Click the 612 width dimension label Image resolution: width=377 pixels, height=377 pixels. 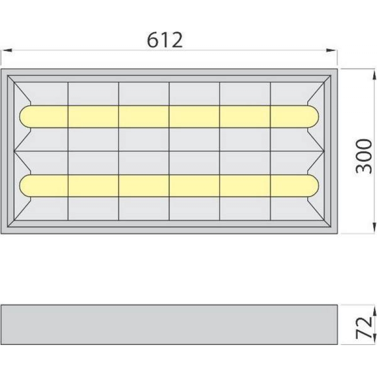click(x=165, y=40)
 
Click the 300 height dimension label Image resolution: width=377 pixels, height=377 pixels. click(x=363, y=156)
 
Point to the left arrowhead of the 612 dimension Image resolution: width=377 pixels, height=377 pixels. click(x=7, y=50)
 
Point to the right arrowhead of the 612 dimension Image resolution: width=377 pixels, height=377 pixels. click(x=331, y=50)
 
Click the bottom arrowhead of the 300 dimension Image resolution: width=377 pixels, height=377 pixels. click(x=374, y=228)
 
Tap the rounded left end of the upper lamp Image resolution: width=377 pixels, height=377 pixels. click(x=25, y=116)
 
